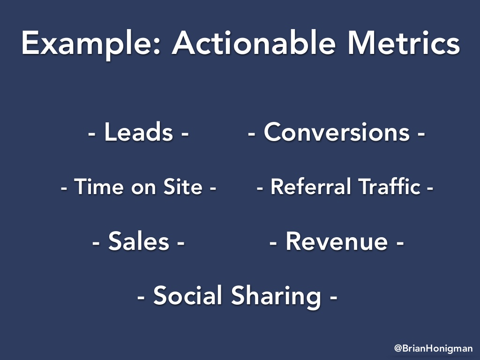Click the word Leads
tap(139, 132)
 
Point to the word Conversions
tap(337, 132)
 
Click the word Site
tap(183, 187)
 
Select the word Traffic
tap(390, 187)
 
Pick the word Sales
tap(139, 241)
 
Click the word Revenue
tap(337, 241)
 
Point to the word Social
tap(187, 295)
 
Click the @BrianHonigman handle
tap(433, 348)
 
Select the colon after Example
tap(157, 47)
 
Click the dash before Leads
tap(92, 134)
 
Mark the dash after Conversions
tap(421, 134)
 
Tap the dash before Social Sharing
tap(141, 297)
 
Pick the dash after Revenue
tap(400, 243)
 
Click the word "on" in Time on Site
tap(143, 188)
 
